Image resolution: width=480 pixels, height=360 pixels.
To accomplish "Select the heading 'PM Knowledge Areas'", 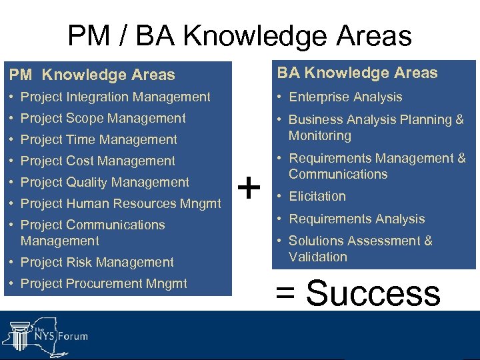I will pyautogui.click(x=91, y=75).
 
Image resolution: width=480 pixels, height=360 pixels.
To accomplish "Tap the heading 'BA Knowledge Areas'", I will pyautogui.click(x=357, y=73).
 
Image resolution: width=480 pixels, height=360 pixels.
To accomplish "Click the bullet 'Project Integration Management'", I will pyautogui.click(x=115, y=97).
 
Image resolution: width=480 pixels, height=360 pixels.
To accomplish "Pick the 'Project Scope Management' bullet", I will pyautogui.click(x=103, y=118).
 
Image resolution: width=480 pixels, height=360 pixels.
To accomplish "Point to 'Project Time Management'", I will pyautogui.click(x=99, y=139).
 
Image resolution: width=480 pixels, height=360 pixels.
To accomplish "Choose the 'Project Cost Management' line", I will pyautogui.click(x=98, y=161).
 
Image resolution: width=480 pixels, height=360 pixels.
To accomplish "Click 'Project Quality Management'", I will pyautogui.click(x=105, y=182).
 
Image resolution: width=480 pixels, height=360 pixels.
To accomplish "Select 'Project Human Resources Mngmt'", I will pyautogui.click(x=121, y=203).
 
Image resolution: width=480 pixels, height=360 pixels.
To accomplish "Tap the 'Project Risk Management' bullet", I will pyautogui.click(x=97, y=262).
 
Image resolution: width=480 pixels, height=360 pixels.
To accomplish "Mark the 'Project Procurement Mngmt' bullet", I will pyautogui.click(x=104, y=283).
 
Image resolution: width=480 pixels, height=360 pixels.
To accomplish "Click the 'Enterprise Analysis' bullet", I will pyautogui.click(x=345, y=97).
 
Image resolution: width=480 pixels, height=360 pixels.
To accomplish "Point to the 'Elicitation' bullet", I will pyautogui.click(x=317, y=196).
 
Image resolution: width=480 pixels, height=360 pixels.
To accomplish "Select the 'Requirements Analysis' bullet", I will pyautogui.click(x=357, y=219).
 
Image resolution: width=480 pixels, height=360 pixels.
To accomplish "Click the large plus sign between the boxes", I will pyautogui.click(x=249, y=189).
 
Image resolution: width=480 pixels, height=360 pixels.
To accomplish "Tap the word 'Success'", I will pyautogui.click(x=373, y=293).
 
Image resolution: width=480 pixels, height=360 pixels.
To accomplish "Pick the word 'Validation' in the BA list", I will pyautogui.click(x=318, y=257).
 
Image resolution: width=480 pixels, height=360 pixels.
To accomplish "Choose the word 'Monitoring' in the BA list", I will pyautogui.click(x=319, y=135).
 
